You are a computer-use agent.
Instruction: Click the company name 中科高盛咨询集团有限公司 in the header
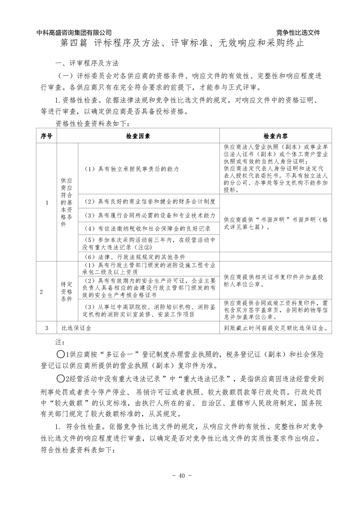click(74, 33)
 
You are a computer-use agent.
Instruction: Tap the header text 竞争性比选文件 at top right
click(298, 33)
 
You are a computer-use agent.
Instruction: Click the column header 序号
click(46, 136)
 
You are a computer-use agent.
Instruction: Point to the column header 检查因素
click(138, 136)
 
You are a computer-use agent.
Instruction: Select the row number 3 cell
click(46, 328)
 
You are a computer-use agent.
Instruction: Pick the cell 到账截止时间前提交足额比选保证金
click(276, 328)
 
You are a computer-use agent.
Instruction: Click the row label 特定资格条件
click(67, 292)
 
